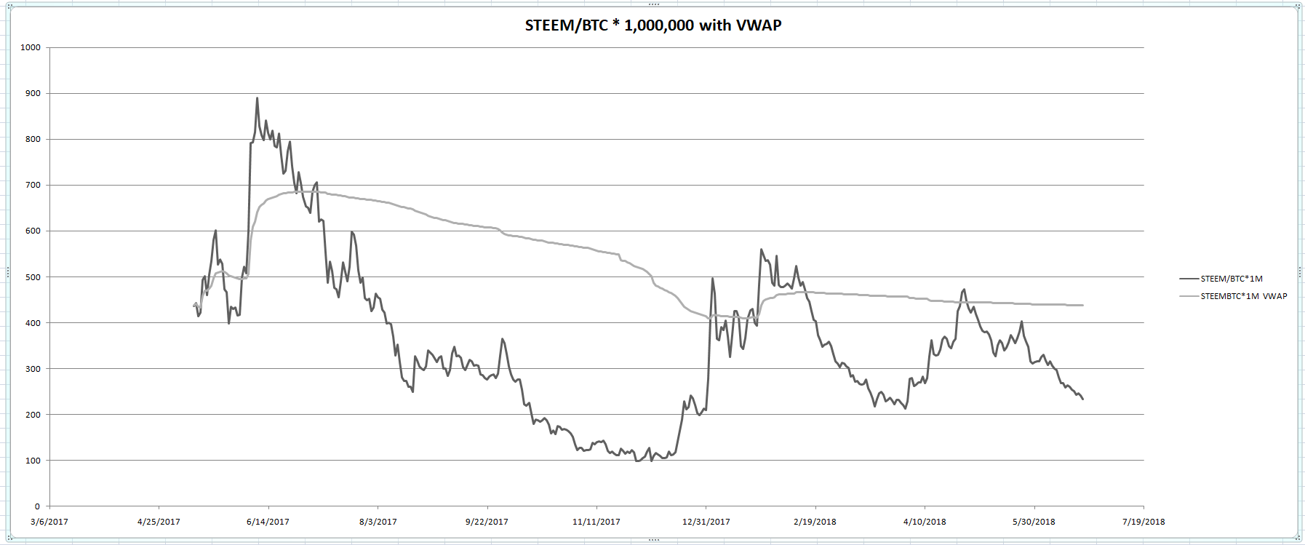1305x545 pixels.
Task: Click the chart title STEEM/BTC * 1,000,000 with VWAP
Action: click(652, 25)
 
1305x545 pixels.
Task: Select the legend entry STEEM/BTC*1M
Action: click(1231, 279)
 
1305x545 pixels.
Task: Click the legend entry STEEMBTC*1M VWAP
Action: click(1243, 296)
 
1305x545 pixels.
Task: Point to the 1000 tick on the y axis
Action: click(31, 48)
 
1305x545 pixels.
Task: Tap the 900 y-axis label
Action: click(33, 94)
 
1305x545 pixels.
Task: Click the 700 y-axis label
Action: click(33, 186)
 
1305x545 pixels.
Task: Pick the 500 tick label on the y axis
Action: click(33, 277)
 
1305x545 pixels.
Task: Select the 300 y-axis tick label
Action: click(33, 369)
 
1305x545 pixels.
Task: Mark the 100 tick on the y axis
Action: click(33, 461)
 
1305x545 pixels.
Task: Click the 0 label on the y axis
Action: click(38, 506)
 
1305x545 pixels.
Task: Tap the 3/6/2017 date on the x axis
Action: click(49, 522)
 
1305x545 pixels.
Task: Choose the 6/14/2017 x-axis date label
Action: click(268, 522)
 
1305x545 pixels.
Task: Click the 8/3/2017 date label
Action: click(378, 522)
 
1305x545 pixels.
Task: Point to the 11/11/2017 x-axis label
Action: click(596, 522)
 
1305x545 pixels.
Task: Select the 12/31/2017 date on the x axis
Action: click(706, 522)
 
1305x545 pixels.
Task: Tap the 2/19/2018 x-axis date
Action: click(815, 522)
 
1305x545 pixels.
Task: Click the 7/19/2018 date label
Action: click(1144, 522)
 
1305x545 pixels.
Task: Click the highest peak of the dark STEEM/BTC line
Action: click(257, 98)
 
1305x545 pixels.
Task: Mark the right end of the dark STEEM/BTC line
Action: click(1083, 399)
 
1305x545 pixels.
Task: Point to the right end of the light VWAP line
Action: click(1083, 305)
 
